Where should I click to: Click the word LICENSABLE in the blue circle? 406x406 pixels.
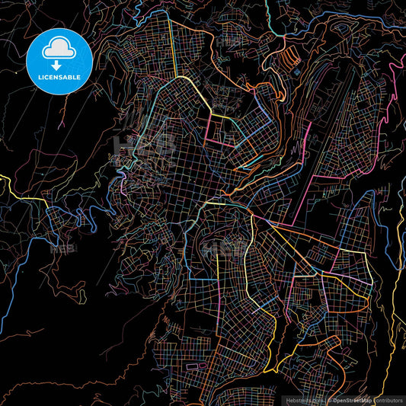(x=59, y=76)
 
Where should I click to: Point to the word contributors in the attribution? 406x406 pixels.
(x=388, y=400)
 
